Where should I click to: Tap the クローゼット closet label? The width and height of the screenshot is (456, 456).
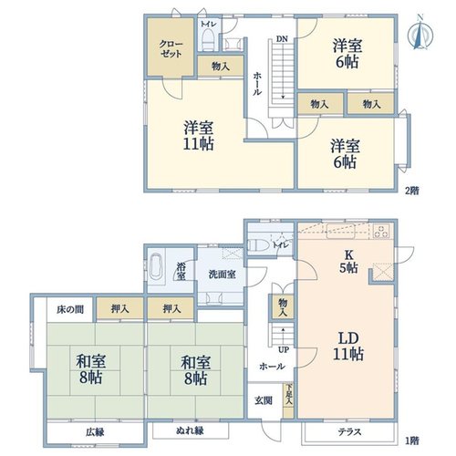[x=171, y=49]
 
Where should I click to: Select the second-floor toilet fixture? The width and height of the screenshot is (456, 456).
[x=208, y=40]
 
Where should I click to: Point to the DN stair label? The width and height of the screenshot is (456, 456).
[x=282, y=39]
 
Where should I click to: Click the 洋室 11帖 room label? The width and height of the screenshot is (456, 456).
[x=199, y=136]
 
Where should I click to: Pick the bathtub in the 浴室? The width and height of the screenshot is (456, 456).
[x=156, y=265]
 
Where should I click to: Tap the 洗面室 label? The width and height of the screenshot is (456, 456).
[x=222, y=275]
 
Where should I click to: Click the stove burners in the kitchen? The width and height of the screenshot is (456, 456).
[x=381, y=232]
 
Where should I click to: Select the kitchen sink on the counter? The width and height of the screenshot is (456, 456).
[x=340, y=231]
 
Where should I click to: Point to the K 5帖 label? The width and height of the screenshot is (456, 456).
[x=348, y=262]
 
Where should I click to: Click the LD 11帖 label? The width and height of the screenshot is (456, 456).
[x=348, y=347]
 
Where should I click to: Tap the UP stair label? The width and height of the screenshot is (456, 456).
[x=284, y=350]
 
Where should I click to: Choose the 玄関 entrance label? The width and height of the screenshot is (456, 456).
[x=264, y=401]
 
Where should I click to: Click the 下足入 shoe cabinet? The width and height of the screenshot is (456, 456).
[x=288, y=400]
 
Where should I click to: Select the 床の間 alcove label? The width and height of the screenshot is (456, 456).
[x=70, y=310]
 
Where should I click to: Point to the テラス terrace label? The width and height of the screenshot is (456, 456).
[x=350, y=431]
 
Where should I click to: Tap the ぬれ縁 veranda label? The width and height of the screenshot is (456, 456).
[x=190, y=430]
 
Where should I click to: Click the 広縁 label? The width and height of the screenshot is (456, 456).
[x=95, y=432]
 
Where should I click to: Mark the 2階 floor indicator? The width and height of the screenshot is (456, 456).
[x=412, y=191]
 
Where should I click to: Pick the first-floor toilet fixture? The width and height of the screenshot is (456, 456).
[x=258, y=244]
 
